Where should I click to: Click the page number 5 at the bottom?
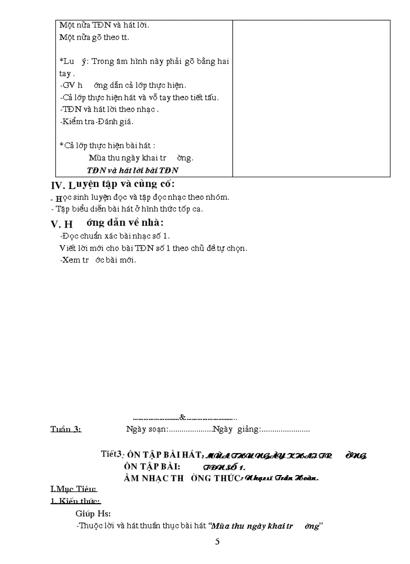point(217,542)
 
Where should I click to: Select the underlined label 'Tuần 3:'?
point(66,429)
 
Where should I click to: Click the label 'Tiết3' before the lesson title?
point(112,454)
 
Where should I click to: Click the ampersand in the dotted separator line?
point(182,417)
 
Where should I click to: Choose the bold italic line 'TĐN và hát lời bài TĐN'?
point(133,170)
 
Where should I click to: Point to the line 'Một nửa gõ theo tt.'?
point(90,37)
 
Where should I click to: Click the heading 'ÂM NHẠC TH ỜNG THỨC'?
point(182,478)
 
